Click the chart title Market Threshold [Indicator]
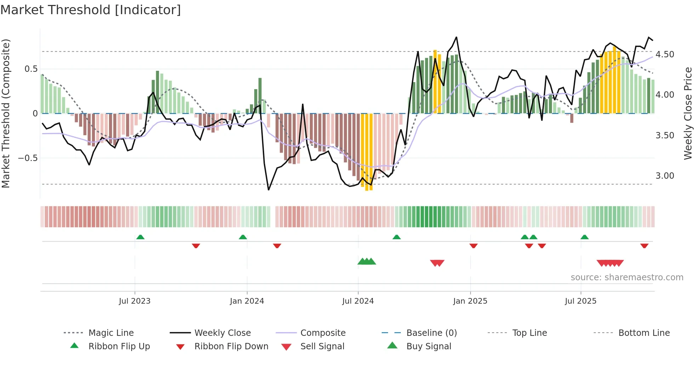coord(91,10)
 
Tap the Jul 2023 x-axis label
coord(135,301)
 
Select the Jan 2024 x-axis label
coord(247,301)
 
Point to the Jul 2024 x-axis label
coord(358,301)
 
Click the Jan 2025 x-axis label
coord(470,301)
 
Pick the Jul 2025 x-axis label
coord(581,301)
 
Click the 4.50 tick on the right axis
coord(665,55)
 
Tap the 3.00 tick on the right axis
coord(665,176)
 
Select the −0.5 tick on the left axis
coord(28,158)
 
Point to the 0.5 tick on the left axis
coord(31,69)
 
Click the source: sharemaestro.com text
coord(627,277)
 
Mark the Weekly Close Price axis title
coord(688,113)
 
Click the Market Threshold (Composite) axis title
coord(6,113)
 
